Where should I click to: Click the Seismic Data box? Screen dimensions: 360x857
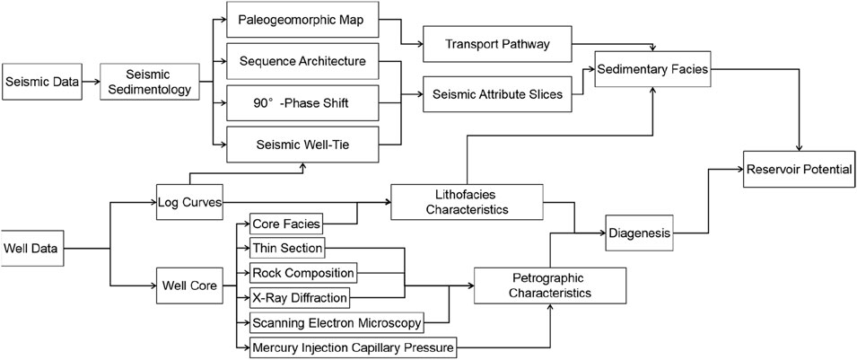tap(40, 83)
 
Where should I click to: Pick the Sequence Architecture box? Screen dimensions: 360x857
tap(302, 63)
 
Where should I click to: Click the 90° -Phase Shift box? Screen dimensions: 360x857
tap(302, 104)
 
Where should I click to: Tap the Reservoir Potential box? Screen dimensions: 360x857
tap(797, 169)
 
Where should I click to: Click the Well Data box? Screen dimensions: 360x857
tap(33, 246)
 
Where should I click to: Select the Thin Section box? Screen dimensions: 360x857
tap(287, 247)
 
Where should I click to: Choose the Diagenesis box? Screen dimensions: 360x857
tap(638, 233)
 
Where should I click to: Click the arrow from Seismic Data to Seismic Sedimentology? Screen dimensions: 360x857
tap(90, 83)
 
